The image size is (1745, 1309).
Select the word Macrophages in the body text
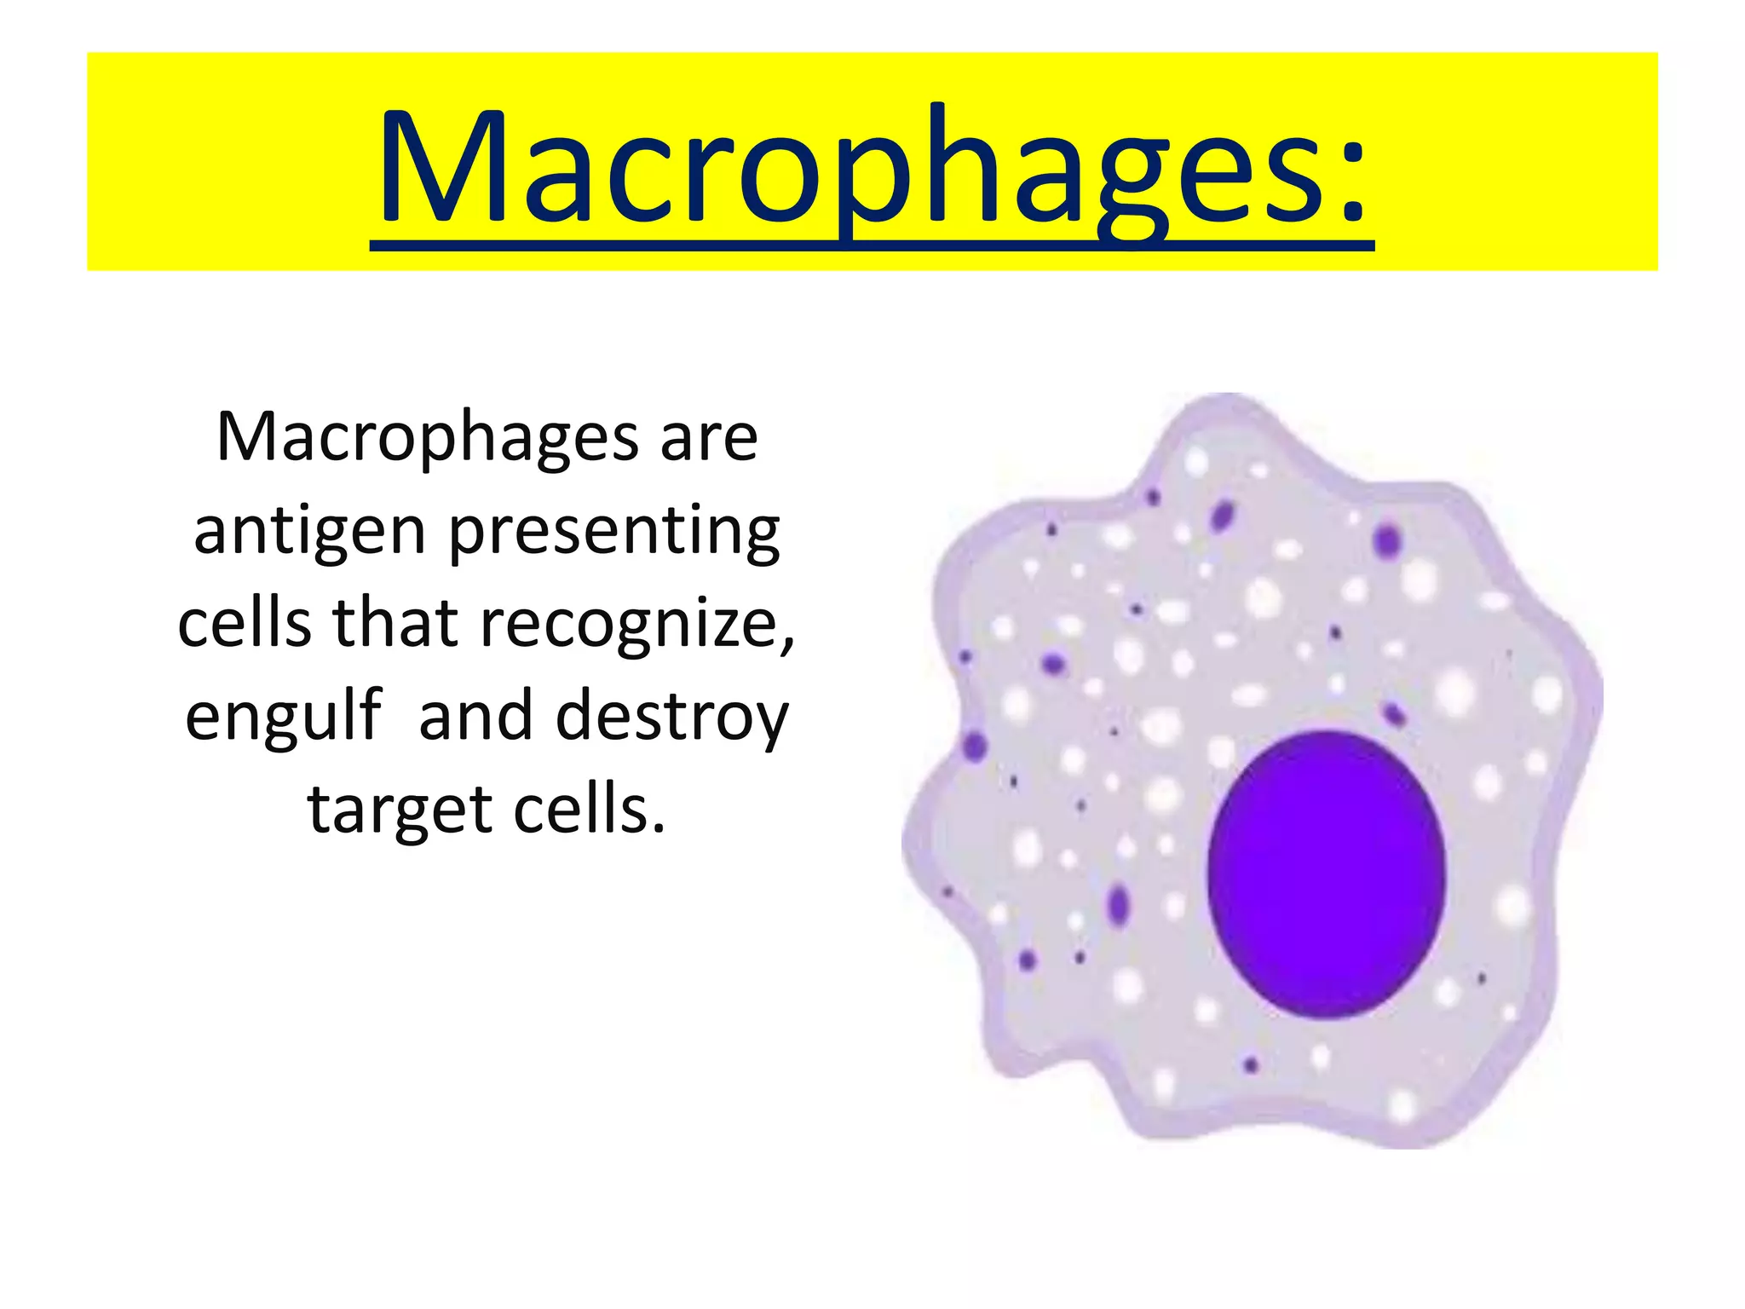(x=426, y=439)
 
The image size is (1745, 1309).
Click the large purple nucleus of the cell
(x=1327, y=874)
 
